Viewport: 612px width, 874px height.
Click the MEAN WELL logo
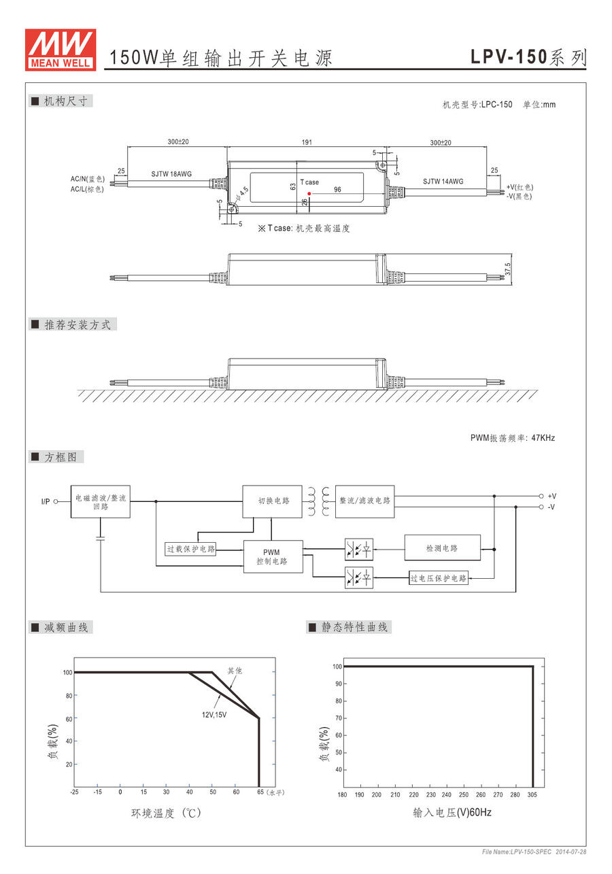point(60,49)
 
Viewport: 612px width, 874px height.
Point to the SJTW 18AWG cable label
point(171,174)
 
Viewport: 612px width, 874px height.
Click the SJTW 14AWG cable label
point(443,182)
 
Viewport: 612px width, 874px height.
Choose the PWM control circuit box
point(273,556)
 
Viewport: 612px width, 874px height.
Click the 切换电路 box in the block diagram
point(273,501)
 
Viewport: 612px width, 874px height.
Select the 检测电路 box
point(442,548)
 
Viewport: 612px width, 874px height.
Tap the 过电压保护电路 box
point(439,579)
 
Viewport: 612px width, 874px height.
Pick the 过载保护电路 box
point(191,548)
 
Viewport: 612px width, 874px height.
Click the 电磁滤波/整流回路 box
point(100,502)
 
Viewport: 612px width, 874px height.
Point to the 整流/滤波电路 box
point(364,501)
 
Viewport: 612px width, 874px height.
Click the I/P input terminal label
point(46,502)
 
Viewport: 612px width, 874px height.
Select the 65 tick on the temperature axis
point(260,792)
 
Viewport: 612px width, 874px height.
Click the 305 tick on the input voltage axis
point(532,795)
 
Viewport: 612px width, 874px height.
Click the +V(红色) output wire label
point(520,187)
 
